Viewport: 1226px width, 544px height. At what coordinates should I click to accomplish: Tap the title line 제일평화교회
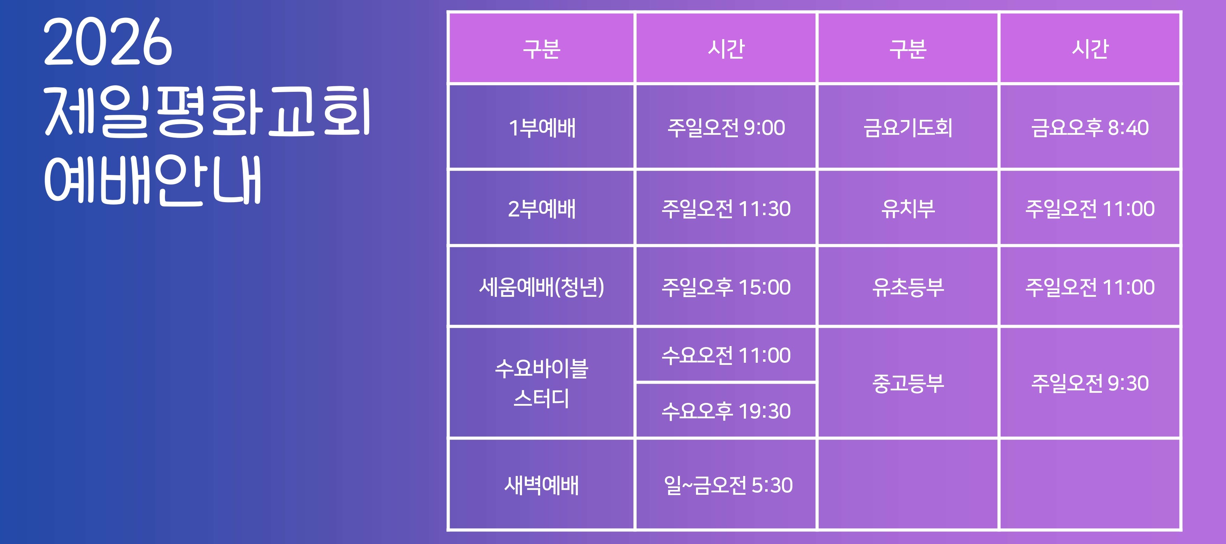point(208,112)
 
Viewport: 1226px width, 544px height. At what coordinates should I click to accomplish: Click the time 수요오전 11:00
point(726,355)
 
